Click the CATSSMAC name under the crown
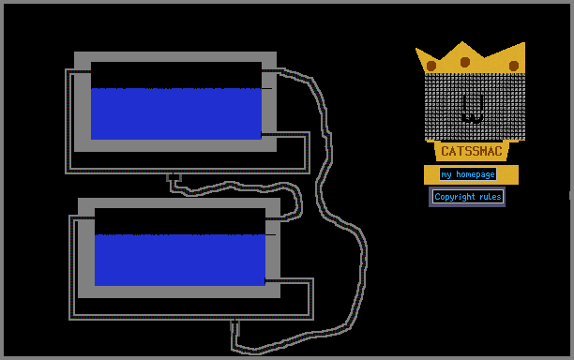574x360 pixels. point(472,151)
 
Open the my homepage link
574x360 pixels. point(468,174)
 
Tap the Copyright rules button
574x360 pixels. point(467,197)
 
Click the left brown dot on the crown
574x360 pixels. point(431,66)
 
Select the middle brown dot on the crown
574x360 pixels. point(465,62)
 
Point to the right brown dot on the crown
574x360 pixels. point(514,66)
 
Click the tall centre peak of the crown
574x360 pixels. point(462,42)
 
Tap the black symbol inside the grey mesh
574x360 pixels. point(474,108)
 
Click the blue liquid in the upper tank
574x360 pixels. point(176,113)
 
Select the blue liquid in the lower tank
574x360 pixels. point(180,260)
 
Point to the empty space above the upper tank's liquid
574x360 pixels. point(176,75)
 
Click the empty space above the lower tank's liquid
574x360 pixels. point(180,221)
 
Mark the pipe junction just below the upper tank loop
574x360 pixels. point(174,177)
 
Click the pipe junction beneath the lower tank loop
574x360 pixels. point(235,323)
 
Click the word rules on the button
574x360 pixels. point(491,197)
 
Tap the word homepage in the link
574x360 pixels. point(476,175)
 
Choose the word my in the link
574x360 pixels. point(446,175)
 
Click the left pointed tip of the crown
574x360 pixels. point(416,49)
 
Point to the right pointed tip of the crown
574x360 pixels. point(524,43)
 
